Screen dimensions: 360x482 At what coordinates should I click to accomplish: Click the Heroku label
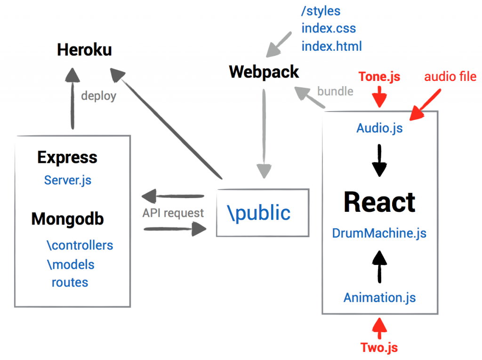[84, 50]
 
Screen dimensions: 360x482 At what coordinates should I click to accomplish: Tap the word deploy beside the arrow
[98, 96]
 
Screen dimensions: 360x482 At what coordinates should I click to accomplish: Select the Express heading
[67, 157]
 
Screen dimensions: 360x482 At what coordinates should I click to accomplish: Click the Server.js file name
[68, 180]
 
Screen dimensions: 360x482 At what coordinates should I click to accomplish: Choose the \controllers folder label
[80, 245]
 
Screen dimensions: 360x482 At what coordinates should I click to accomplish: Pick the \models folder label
[71, 264]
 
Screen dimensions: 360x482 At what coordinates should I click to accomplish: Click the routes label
[70, 282]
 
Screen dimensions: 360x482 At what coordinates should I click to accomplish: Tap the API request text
[173, 213]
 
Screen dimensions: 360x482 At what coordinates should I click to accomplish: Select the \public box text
[259, 213]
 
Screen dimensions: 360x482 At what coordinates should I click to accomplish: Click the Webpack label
[264, 72]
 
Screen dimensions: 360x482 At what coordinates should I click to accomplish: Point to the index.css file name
[329, 28]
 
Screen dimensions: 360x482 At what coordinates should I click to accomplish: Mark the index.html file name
[332, 46]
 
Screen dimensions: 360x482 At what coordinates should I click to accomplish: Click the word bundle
[335, 91]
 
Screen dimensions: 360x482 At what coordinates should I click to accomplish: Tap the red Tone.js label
[379, 77]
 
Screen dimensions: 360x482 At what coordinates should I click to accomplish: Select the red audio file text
[450, 76]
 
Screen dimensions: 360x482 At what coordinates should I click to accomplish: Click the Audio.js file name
[379, 128]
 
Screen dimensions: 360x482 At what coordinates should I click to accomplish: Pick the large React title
[379, 202]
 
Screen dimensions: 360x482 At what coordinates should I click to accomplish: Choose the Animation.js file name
[379, 297]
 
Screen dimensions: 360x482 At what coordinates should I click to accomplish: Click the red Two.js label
[379, 348]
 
